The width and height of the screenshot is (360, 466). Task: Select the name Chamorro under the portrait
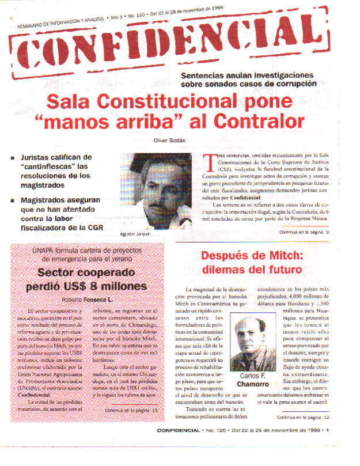[x=252, y=383]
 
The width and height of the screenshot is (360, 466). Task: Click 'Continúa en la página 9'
[x=303, y=232]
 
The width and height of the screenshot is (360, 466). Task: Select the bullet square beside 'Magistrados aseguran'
[x=13, y=199]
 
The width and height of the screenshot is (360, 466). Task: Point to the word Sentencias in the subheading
[x=207, y=75]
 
